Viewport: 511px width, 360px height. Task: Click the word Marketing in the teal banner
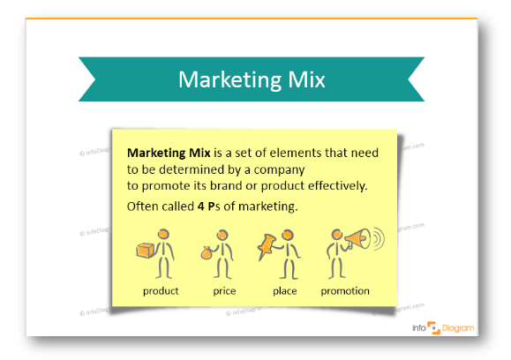[x=229, y=80]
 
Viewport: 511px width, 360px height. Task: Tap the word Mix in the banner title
[x=306, y=79]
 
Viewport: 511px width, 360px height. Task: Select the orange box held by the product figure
[x=145, y=251]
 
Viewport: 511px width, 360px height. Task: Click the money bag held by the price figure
[x=207, y=253]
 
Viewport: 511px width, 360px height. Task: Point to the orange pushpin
[x=267, y=245]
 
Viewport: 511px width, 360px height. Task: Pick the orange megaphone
[x=357, y=238]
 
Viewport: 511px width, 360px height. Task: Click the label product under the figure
[x=161, y=291]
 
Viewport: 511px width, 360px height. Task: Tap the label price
[x=224, y=291]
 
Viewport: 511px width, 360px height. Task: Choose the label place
[x=284, y=291]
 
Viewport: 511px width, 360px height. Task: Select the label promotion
[x=345, y=291]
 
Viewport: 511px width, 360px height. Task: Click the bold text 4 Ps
[x=207, y=206]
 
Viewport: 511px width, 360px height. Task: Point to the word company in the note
[x=279, y=170]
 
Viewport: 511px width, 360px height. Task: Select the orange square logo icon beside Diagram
[x=433, y=327]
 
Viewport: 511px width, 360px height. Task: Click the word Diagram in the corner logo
[x=458, y=328]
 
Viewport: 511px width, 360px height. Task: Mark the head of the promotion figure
[x=336, y=234]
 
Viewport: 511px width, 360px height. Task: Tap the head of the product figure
[x=163, y=234]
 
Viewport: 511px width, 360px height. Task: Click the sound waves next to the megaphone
[x=379, y=238]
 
